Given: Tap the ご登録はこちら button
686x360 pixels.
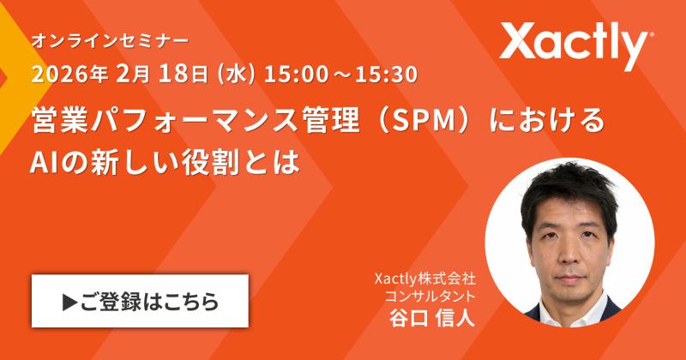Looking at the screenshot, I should pyautogui.click(x=140, y=302).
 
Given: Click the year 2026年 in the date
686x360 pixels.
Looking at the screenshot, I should pyautogui.click(x=68, y=74).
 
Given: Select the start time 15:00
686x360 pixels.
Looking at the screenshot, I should pyautogui.click(x=287, y=74).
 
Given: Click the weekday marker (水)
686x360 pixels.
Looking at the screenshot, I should pyautogui.click(x=238, y=74).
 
